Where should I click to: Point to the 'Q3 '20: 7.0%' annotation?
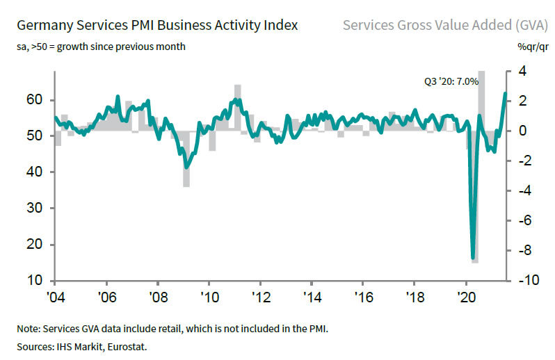click(x=452, y=81)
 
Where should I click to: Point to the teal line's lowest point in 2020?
click(x=473, y=257)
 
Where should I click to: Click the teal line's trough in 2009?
click(x=186, y=167)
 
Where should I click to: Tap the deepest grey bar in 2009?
click(x=186, y=185)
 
